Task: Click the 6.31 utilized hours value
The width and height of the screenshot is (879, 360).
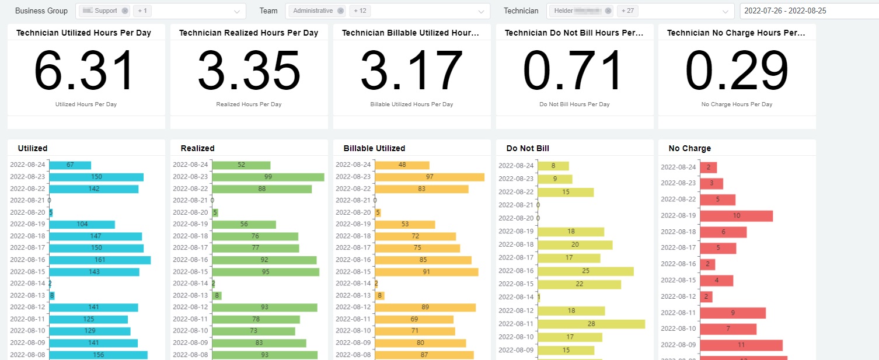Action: pyautogui.click(x=86, y=72)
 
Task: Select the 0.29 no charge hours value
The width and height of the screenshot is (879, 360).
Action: pyautogui.click(x=737, y=72)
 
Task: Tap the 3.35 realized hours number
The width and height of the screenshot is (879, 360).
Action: pyautogui.click(x=249, y=72)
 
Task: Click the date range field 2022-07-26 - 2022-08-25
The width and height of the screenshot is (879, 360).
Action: pyautogui.click(x=808, y=11)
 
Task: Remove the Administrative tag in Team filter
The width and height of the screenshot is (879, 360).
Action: pyautogui.click(x=341, y=11)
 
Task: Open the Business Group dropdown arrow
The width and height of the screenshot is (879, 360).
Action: pyautogui.click(x=237, y=11)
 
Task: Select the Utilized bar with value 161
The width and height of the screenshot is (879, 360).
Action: pyautogui.click(x=100, y=260)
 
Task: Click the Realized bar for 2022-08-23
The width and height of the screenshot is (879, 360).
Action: pyautogui.click(x=268, y=177)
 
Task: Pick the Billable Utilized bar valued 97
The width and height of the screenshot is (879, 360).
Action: pyautogui.click(x=429, y=177)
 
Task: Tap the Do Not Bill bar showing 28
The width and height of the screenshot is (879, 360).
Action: pyautogui.click(x=591, y=324)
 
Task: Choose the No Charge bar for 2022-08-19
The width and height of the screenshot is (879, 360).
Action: pyautogui.click(x=736, y=216)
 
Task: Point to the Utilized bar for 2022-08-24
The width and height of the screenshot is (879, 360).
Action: pyautogui.click(x=70, y=165)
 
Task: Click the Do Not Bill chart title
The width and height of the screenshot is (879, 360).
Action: pyautogui.click(x=528, y=148)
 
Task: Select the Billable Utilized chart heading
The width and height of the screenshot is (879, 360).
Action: pyautogui.click(x=374, y=148)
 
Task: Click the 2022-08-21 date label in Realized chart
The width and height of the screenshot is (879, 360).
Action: pyautogui.click(x=190, y=200)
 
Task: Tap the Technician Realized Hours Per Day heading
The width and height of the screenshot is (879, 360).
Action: pyautogui.click(x=249, y=33)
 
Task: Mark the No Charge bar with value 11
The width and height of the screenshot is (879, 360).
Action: pyautogui.click(x=741, y=345)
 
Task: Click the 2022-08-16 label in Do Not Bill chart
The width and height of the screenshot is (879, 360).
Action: pyautogui.click(x=516, y=271)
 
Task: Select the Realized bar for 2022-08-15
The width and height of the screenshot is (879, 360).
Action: pyautogui.click(x=266, y=272)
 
